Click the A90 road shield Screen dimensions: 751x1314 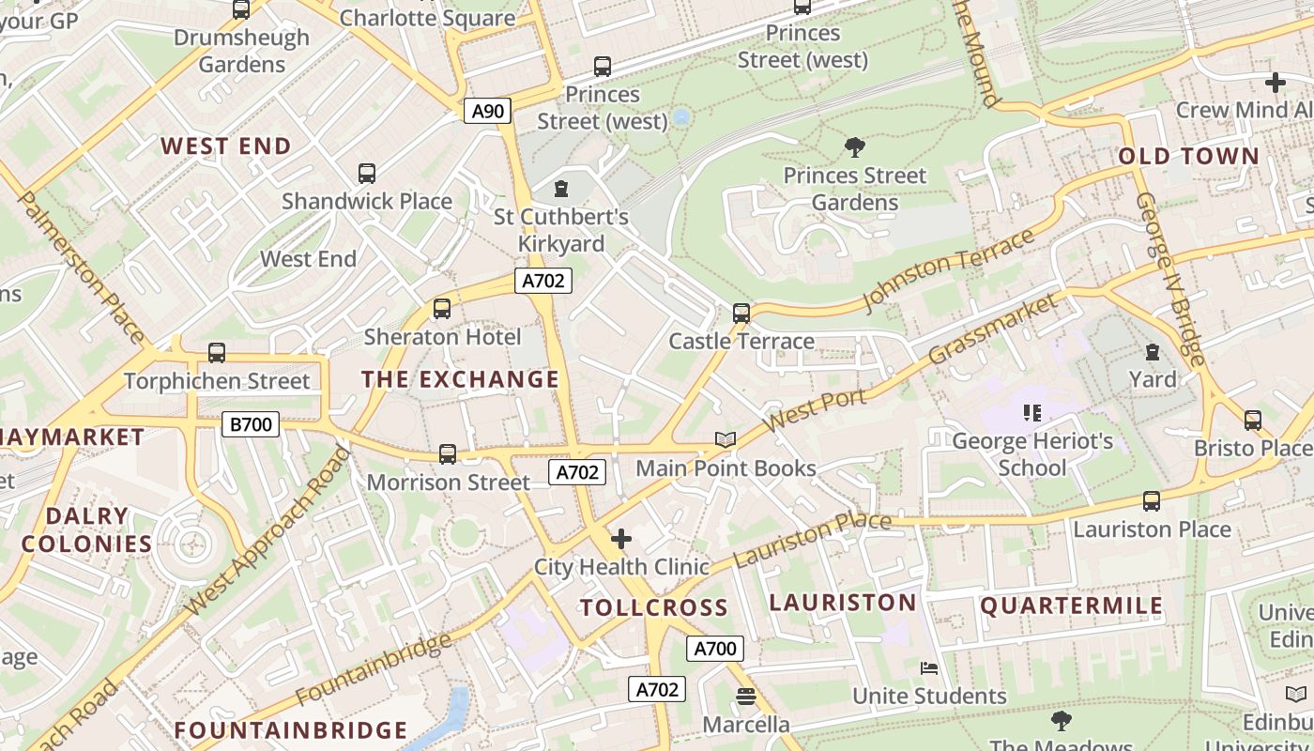(x=487, y=112)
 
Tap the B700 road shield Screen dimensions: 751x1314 (x=251, y=424)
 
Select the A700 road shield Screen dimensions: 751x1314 (x=714, y=649)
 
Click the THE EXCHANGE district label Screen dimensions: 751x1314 (x=460, y=379)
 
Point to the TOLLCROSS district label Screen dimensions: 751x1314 (x=653, y=607)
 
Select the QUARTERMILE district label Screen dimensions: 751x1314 (x=1071, y=605)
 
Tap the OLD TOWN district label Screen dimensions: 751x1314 (x=1188, y=156)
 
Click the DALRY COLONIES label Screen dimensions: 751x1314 (x=86, y=529)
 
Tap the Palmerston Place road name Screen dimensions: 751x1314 (x=81, y=268)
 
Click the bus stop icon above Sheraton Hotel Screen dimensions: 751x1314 (x=441, y=308)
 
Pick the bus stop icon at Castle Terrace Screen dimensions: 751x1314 (x=741, y=313)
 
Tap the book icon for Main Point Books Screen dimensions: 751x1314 (x=725, y=439)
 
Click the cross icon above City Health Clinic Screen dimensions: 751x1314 (x=620, y=539)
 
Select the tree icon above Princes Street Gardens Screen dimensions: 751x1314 (x=854, y=147)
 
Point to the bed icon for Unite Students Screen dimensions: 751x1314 (x=929, y=668)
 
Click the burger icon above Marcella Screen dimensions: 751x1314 (x=745, y=697)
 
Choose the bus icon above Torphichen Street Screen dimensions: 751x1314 (x=217, y=353)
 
